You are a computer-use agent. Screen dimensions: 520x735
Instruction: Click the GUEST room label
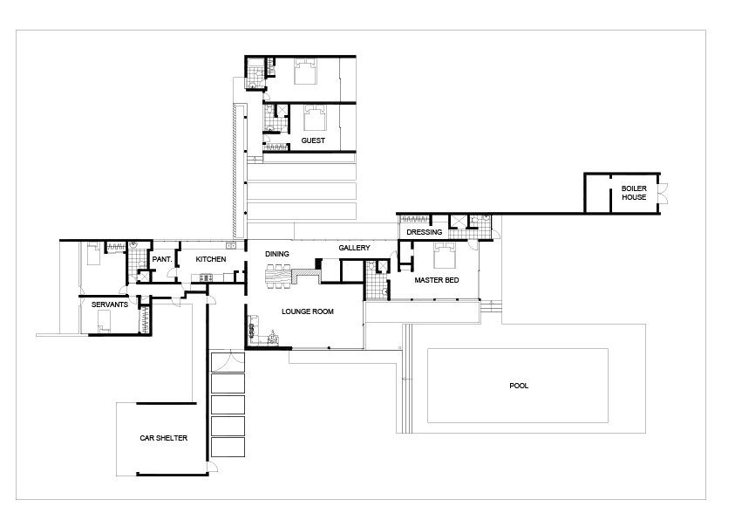[x=313, y=140]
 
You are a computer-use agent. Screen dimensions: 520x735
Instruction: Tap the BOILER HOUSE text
[x=634, y=193]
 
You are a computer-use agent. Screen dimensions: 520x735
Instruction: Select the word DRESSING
[x=425, y=232]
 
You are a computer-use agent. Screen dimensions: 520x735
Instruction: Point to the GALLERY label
[x=355, y=248]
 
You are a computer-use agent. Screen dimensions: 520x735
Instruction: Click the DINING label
[x=277, y=253]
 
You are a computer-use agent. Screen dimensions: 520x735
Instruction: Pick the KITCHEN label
[x=211, y=259]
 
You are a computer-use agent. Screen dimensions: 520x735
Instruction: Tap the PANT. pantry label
[x=160, y=259]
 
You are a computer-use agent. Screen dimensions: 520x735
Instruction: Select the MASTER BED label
[x=437, y=280]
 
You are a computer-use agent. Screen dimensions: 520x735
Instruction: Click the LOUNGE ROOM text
[x=307, y=311]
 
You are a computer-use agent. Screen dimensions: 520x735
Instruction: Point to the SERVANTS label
[x=111, y=304]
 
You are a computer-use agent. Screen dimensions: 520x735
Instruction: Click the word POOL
[x=519, y=385]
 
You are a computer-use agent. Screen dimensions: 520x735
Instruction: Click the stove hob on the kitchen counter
[x=206, y=278]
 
